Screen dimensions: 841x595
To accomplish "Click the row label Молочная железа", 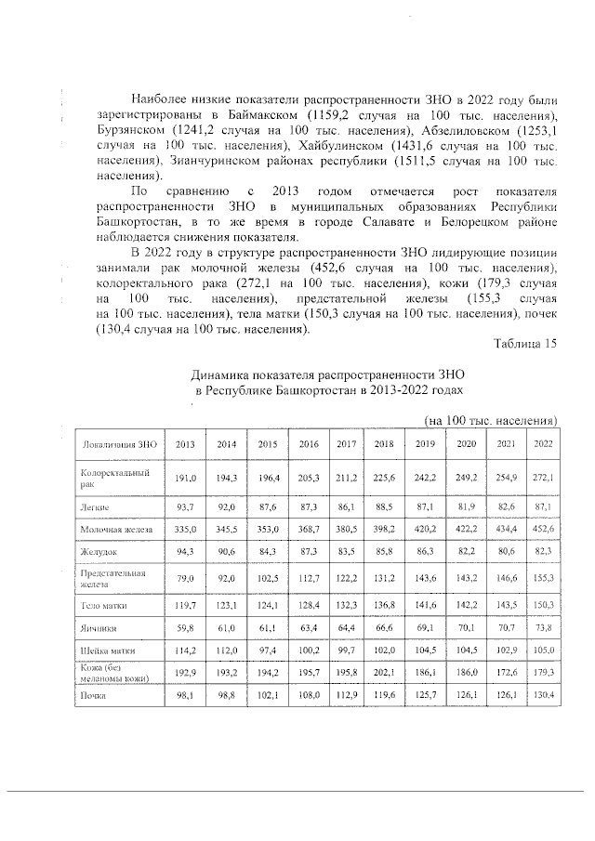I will tap(116, 528).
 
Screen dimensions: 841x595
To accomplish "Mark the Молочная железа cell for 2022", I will tap(543, 528).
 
